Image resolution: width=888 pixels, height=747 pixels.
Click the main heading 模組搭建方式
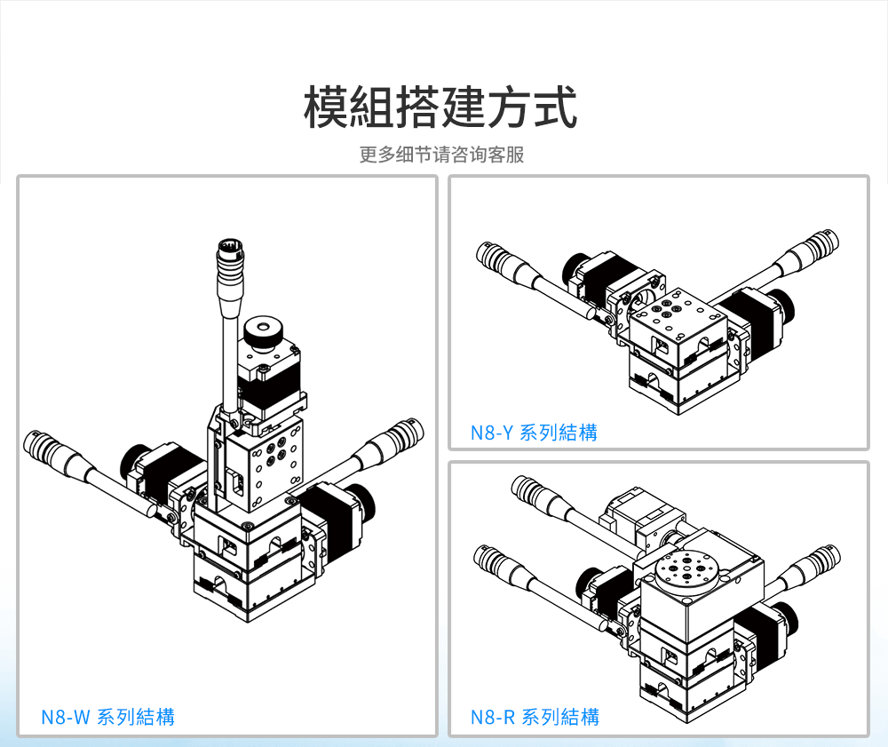441,107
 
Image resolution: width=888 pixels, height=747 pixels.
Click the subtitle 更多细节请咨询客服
441,155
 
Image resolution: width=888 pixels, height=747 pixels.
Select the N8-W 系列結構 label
107,716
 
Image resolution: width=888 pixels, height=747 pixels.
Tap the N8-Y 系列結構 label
534,433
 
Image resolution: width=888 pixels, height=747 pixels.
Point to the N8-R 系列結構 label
535,717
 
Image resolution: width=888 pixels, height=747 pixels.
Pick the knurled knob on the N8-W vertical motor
261,335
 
